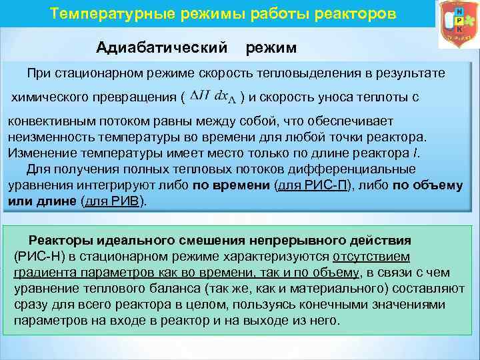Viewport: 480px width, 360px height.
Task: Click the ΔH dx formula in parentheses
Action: click(213, 97)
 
